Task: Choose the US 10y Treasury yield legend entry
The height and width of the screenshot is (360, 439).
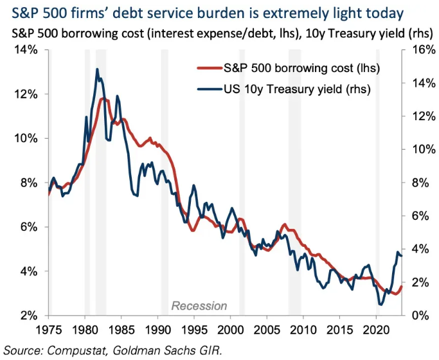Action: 298,89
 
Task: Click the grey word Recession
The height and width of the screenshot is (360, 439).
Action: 199,306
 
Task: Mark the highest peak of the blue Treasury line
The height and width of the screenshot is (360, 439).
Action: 97,69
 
